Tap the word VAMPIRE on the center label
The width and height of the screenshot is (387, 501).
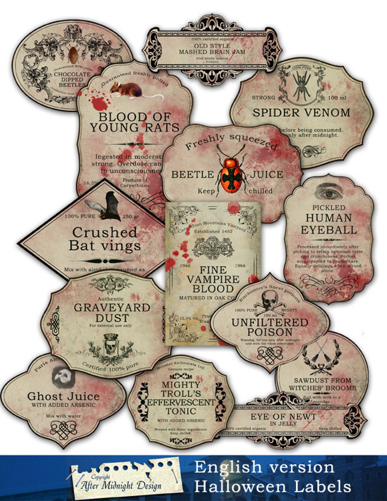[x=213, y=280]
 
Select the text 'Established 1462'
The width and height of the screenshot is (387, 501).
[x=213, y=231]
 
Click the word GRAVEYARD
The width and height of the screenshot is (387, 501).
[x=112, y=308]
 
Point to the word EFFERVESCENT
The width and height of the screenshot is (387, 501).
[x=181, y=402]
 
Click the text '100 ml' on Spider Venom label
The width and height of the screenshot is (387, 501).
[x=337, y=98]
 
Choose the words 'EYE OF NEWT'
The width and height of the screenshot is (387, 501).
[x=283, y=417]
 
